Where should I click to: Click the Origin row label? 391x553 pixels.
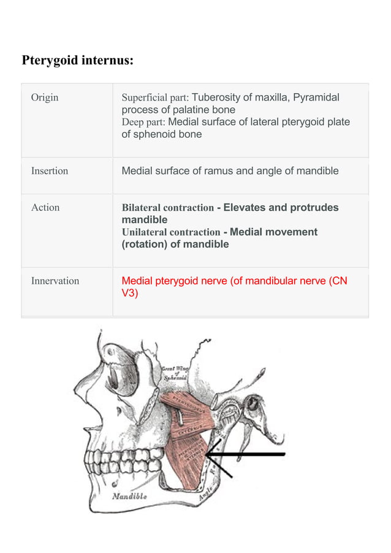pos(45,97)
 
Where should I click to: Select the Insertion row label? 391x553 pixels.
pos(50,171)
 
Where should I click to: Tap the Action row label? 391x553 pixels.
pos(45,208)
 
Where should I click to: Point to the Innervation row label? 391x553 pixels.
pos(55,281)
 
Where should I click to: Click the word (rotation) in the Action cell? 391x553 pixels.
pos(147,244)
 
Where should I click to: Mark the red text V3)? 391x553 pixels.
pos(130,293)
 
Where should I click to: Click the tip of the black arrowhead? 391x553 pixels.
pos(207,454)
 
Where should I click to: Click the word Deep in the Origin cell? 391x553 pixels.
pos(132,122)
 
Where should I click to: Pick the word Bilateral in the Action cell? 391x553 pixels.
pos(144,208)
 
